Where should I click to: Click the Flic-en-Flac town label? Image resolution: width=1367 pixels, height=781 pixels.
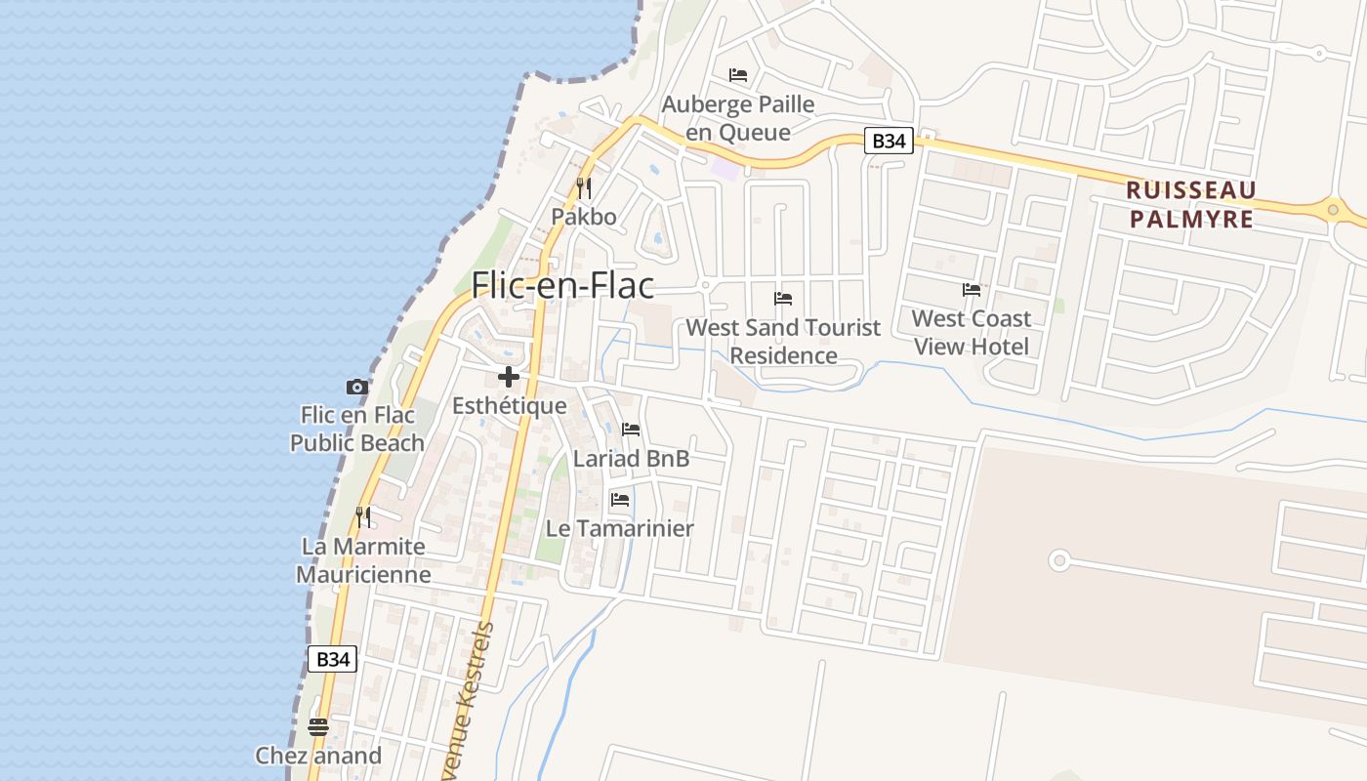[x=562, y=285]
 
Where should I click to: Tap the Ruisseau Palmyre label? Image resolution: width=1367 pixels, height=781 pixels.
[x=1190, y=204]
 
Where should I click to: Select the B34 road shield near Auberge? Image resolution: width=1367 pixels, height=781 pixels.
[x=888, y=141]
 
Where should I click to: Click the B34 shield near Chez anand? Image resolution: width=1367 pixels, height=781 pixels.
[x=332, y=659]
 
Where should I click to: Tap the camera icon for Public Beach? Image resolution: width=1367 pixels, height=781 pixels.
[x=357, y=388]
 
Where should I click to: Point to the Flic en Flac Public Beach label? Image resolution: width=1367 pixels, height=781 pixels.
[x=357, y=429]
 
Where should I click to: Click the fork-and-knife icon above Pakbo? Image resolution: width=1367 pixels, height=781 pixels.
[x=584, y=187]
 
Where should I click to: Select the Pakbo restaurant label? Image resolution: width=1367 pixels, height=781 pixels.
[x=584, y=216]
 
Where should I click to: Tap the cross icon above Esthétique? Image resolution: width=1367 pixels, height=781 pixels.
[x=508, y=377]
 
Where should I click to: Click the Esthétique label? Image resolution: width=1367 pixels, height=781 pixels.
[x=509, y=405]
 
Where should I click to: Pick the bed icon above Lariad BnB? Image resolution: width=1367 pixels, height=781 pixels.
[x=631, y=430]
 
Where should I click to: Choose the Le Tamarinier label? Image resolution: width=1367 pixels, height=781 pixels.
[x=619, y=528]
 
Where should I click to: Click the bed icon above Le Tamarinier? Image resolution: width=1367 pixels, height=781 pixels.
[x=620, y=500]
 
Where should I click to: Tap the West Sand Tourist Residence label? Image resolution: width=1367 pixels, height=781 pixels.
[x=783, y=342]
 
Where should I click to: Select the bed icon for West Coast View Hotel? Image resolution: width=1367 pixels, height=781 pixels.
[x=972, y=290]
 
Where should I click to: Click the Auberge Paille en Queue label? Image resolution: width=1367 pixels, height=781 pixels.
[x=737, y=118]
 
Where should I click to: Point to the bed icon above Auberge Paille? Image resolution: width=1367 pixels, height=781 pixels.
[x=738, y=75]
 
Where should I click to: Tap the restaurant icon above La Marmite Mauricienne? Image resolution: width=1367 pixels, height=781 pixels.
[x=363, y=516]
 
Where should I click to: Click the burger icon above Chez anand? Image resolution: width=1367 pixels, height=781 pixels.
[x=318, y=726]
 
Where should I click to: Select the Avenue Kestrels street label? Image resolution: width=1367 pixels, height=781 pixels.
[x=475, y=703]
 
